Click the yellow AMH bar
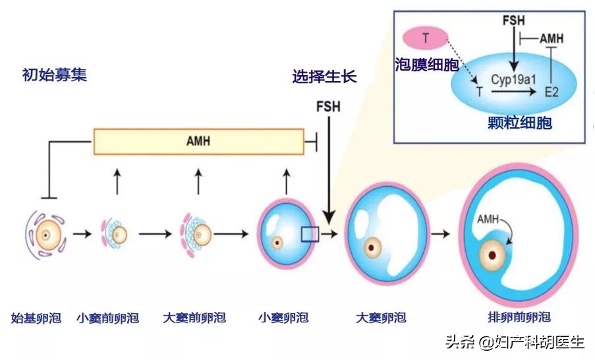(x=198, y=141)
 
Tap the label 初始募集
(x=54, y=75)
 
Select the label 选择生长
(x=324, y=76)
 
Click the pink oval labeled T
(x=426, y=38)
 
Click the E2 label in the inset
(x=552, y=94)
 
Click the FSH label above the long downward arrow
(x=327, y=107)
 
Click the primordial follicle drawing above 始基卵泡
(x=45, y=234)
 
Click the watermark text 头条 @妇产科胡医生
(x=515, y=342)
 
